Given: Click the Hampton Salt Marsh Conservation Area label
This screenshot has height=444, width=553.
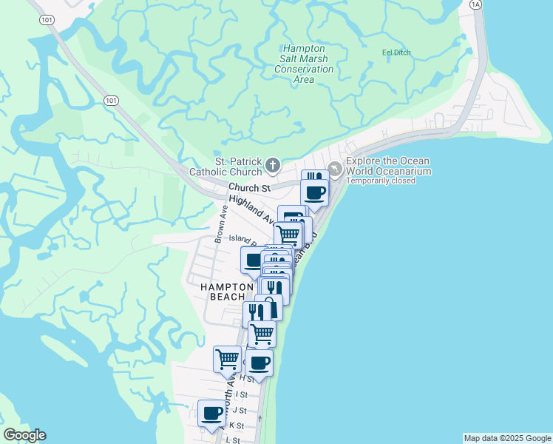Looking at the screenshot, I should pos(304,64).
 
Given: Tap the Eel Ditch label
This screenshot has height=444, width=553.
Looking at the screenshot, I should pos(396,53).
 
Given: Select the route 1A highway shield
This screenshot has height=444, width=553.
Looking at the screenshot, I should pos(475,4).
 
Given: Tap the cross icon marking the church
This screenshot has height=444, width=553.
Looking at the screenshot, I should pos(272,165).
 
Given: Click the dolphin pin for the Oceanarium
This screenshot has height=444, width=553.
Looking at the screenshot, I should pos(336,169).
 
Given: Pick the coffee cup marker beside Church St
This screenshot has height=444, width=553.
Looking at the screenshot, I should pos(316,193).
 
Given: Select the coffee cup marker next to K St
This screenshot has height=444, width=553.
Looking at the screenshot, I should pos(212,413).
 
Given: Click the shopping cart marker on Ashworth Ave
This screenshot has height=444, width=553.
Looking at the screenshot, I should pos(228,360).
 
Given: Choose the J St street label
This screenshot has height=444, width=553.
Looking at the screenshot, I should pos(240,410).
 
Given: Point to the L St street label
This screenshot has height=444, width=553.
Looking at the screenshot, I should pos(233,440).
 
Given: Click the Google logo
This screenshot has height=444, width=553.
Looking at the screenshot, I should pos(24,435).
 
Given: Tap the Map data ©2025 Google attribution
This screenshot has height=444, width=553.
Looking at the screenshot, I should pos(507,438).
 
